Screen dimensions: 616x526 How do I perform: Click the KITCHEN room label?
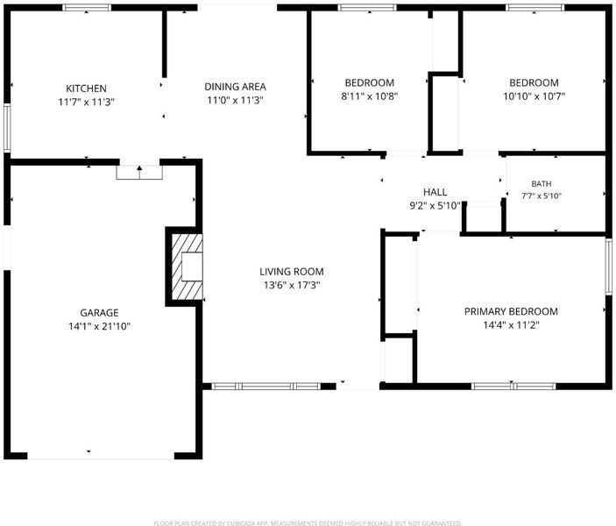pos(86,89)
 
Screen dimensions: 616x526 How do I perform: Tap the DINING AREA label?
pos(236,87)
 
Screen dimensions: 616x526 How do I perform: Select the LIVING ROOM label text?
pos(292,272)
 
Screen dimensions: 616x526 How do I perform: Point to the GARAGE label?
pos(99,313)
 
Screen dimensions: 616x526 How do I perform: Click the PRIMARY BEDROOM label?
pos(511,312)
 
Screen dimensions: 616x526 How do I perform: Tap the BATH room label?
pos(542,183)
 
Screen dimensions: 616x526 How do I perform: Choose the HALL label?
pos(435,192)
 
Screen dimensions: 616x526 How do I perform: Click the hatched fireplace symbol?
pos(188,267)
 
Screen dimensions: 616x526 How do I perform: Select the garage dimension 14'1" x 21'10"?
pos(99,326)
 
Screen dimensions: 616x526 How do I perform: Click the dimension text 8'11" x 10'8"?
pos(370,96)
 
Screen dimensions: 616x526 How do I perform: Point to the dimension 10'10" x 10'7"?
pos(535,96)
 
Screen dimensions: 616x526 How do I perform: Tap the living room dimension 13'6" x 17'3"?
pos(292,285)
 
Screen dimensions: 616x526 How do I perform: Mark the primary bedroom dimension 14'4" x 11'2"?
pos(511,325)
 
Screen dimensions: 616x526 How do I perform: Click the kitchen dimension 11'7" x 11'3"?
pos(86,103)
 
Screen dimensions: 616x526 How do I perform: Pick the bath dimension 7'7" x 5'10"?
pos(542,195)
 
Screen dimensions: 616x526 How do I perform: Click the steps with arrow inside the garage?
pos(139,173)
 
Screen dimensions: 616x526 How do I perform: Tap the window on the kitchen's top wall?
pos(87,8)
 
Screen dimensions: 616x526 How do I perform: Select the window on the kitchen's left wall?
pos(7,127)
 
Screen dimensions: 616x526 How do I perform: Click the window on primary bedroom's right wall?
pos(609,267)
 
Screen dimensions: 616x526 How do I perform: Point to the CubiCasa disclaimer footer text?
pos(308,522)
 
